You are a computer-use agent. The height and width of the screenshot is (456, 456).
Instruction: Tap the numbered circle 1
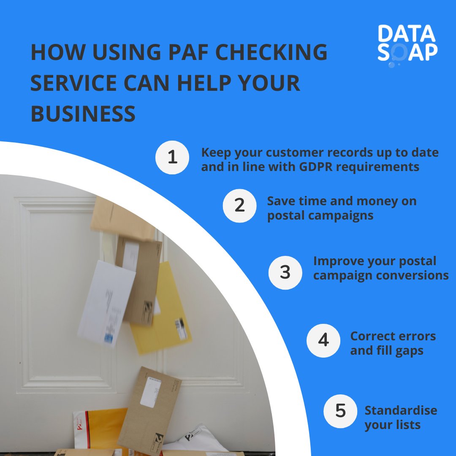pyautogui.click(x=172, y=157)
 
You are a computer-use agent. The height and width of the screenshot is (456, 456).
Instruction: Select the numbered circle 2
pyautogui.click(x=239, y=206)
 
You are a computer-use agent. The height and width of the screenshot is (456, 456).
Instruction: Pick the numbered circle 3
pyautogui.click(x=285, y=272)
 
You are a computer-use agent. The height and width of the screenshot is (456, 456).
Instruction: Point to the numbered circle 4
pyautogui.click(x=323, y=340)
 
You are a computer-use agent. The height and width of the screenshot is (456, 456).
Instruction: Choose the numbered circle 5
pyautogui.click(x=340, y=411)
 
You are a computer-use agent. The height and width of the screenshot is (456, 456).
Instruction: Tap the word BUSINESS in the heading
pyautogui.click(x=83, y=114)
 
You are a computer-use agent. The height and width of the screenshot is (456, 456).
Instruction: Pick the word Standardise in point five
pyautogui.click(x=401, y=410)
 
